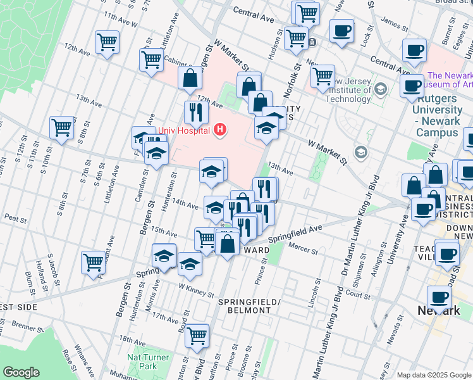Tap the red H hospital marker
pos(220,130)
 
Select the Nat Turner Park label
pos(147,362)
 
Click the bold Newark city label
pos(439,310)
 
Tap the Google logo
pos(21,372)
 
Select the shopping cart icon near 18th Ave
pos(197,334)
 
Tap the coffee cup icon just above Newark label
pos(438,296)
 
